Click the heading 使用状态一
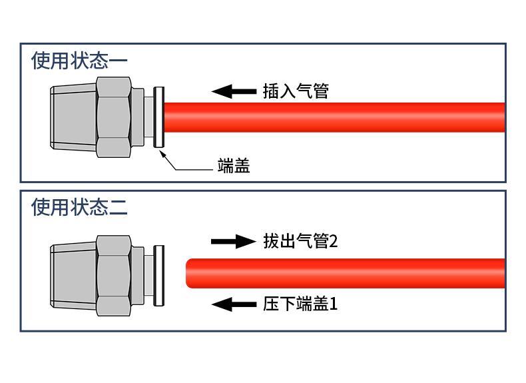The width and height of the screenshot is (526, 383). (x=79, y=61)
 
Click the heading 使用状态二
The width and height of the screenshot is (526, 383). (x=79, y=207)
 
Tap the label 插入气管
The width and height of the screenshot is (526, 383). (x=296, y=91)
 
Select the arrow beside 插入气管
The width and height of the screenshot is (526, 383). (x=233, y=91)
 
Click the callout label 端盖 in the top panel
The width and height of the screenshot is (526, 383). (x=234, y=166)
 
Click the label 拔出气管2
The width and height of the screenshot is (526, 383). (x=300, y=241)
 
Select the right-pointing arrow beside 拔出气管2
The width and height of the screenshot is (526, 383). (x=233, y=241)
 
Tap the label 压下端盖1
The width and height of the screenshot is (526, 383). (x=300, y=304)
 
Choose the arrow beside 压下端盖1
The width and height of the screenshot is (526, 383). (x=233, y=304)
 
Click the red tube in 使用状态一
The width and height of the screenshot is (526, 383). (x=333, y=117)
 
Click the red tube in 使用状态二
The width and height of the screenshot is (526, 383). (x=346, y=273)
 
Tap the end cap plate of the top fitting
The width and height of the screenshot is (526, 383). (x=158, y=117)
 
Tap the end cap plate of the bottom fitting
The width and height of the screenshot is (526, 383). (x=158, y=275)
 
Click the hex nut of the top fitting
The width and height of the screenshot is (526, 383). (x=113, y=117)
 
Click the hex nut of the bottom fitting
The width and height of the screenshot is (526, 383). (x=113, y=275)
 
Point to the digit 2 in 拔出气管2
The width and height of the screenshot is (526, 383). (x=334, y=241)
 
